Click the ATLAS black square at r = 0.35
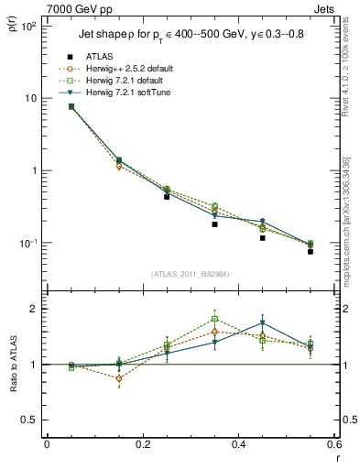214,224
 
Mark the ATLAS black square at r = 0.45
262,237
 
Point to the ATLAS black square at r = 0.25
167,196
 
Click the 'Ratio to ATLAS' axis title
12,365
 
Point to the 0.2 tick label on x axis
142,444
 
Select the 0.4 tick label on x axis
237,444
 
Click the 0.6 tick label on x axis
333,444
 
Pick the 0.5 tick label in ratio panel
30,420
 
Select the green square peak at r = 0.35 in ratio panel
214,320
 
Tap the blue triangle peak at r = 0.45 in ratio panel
262,323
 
